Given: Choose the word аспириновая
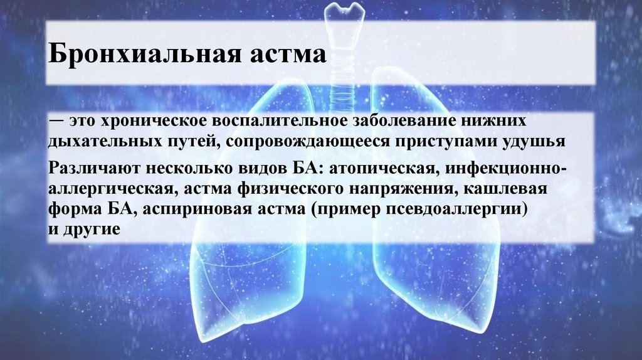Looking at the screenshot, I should pyautogui.click(x=196, y=209).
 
